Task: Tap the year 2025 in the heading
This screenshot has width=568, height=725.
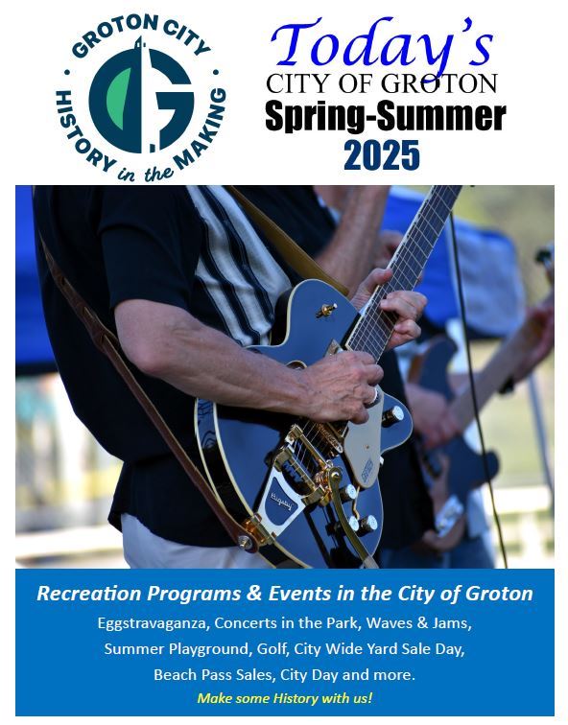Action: (382, 152)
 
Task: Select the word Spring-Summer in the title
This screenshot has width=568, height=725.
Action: (385, 116)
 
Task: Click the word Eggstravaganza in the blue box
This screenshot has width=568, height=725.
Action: (152, 623)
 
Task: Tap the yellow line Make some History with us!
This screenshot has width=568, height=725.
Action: (284, 698)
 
